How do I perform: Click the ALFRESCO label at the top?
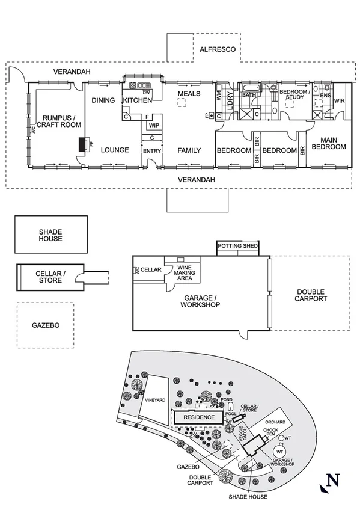[216, 51]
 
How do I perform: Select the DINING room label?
[103, 100]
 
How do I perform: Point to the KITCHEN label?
[138, 100]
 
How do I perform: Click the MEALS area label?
[189, 94]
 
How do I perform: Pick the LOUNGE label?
[114, 150]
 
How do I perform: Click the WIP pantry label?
[153, 126]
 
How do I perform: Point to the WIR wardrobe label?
[339, 100]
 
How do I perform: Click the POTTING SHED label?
[237, 247]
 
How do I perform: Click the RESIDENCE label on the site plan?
[198, 417]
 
